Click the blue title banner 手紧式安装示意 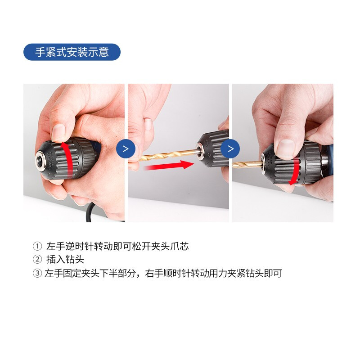click(72, 52)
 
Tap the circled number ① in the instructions click(37, 246)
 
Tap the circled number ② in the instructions click(37, 260)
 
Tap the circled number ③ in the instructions click(37, 273)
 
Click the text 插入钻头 click(65, 260)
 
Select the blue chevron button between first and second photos click(126, 149)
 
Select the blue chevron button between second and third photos click(230, 149)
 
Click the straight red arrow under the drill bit click(169, 165)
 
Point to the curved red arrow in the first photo click(67, 159)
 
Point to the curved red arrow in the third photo click(296, 171)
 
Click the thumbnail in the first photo click(58, 133)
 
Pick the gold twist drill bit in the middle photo click(168, 155)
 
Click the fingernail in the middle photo click(148, 124)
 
